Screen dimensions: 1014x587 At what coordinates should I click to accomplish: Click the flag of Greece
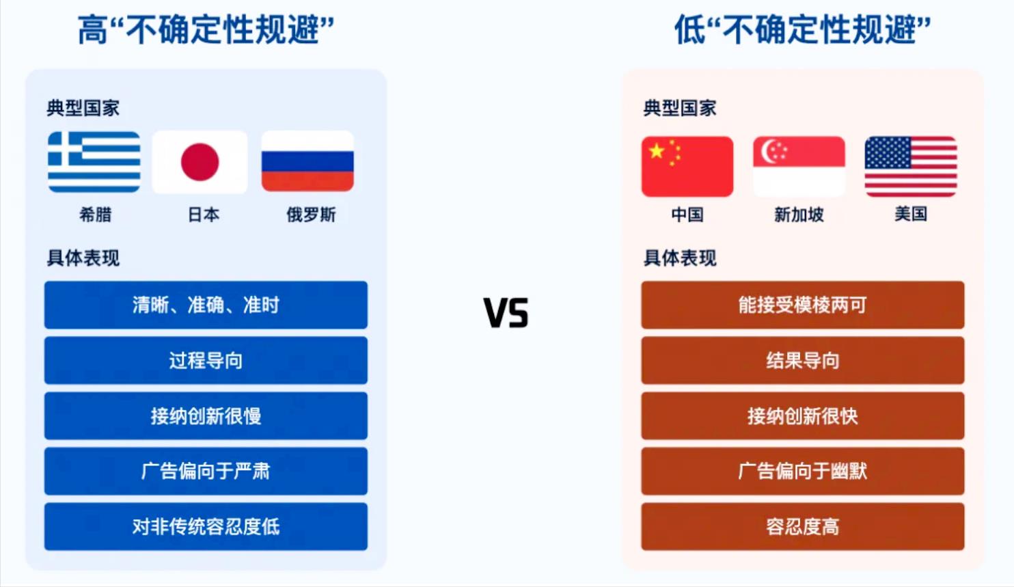click(x=94, y=162)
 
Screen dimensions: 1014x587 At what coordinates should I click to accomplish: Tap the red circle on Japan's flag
click(x=200, y=162)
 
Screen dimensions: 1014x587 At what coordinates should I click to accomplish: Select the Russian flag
click(x=307, y=161)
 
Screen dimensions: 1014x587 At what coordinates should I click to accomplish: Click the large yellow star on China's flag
click(x=657, y=151)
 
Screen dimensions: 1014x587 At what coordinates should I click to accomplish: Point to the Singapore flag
click(x=799, y=167)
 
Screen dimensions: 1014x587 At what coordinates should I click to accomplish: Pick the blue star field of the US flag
click(x=888, y=152)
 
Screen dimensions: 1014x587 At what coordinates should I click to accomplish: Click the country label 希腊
click(x=95, y=215)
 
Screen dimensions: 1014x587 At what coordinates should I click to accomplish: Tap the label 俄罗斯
click(x=311, y=215)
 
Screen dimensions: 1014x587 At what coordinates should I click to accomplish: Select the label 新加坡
click(x=799, y=215)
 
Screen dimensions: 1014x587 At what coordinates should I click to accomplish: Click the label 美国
click(x=911, y=214)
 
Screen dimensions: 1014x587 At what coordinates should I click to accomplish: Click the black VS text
click(x=506, y=313)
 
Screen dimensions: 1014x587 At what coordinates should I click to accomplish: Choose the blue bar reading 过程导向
click(x=206, y=360)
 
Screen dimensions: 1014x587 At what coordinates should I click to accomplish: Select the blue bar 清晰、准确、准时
click(x=206, y=305)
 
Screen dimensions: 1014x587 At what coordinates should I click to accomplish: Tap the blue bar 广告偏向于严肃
click(x=206, y=471)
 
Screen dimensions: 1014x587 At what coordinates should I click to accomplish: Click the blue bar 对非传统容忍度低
click(x=206, y=526)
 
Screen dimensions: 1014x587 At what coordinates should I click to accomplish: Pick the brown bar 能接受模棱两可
click(x=803, y=305)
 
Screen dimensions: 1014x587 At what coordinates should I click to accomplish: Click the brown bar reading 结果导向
click(x=803, y=360)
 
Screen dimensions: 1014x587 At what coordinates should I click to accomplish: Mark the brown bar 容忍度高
click(x=803, y=526)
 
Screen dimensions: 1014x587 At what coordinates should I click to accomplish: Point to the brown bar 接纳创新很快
click(x=803, y=416)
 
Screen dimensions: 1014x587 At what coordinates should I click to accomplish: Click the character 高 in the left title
click(x=93, y=30)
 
